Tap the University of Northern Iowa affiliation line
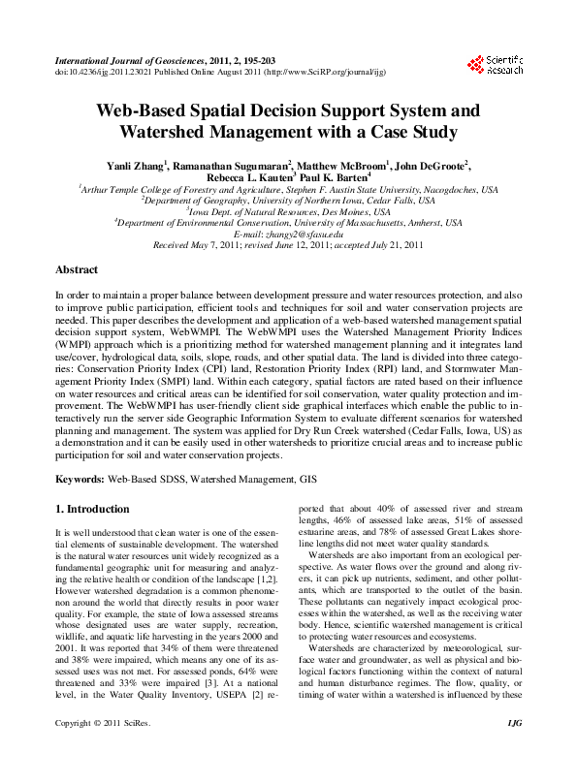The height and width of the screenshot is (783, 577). [x=288, y=201]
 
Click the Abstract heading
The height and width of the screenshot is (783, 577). [x=77, y=269]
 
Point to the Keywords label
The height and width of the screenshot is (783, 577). [x=80, y=479]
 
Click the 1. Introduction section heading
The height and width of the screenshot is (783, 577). [x=92, y=509]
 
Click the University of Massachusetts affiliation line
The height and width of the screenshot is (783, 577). [x=288, y=224]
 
